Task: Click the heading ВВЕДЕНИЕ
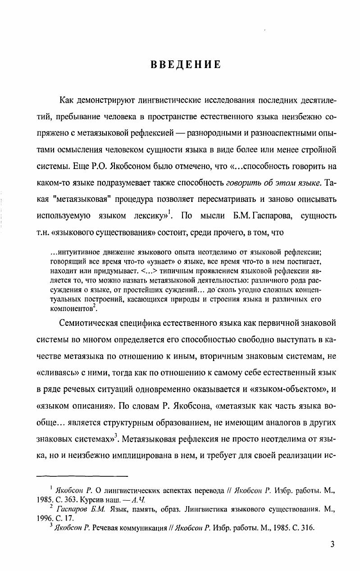point(186,64)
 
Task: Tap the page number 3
point(332,544)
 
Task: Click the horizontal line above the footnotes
point(82,475)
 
